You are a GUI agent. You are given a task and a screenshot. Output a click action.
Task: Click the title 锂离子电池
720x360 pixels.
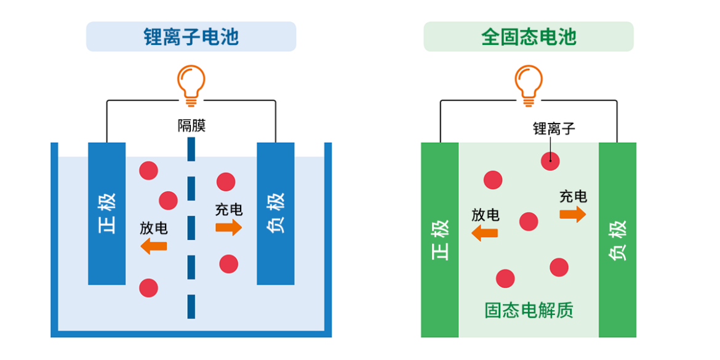191,37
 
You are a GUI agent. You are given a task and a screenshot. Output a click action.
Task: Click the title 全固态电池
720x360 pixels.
528,37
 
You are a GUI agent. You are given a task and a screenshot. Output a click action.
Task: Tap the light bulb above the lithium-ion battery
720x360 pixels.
191,85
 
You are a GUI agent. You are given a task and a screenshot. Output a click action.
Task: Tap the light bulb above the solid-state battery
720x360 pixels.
529,85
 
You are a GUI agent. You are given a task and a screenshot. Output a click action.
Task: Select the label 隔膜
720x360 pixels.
191,126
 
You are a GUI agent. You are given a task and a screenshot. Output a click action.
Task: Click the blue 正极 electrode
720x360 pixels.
107,214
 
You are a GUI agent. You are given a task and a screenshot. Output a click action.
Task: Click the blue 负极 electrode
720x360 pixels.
276,214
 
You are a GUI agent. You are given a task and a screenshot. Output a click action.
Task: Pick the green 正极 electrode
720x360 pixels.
439,240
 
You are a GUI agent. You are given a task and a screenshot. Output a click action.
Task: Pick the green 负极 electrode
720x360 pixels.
617,240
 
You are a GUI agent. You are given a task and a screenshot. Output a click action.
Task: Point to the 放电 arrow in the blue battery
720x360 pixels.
154,247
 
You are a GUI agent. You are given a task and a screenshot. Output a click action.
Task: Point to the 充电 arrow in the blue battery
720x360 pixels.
229,228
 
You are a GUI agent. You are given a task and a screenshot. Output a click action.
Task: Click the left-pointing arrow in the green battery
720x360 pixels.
485,233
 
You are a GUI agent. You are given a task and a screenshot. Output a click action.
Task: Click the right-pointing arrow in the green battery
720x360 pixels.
573,214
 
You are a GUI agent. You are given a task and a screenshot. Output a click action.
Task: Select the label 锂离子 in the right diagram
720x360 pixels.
554,128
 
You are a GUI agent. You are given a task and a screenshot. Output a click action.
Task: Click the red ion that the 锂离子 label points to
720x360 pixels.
550,161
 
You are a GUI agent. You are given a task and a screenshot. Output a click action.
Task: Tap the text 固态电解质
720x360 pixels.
529,310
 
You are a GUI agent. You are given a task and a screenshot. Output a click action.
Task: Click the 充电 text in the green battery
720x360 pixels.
573,196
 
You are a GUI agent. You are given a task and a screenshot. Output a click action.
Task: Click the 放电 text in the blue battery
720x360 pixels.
154,228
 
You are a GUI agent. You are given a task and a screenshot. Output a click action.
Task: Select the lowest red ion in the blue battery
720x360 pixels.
148,287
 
